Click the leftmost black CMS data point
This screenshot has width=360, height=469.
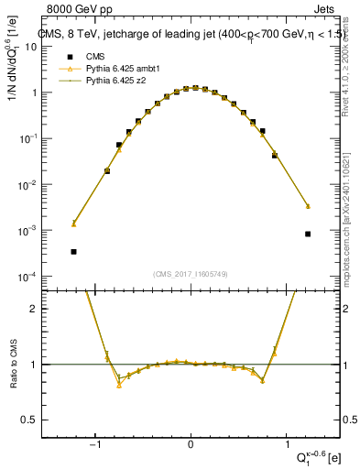[x=73, y=251]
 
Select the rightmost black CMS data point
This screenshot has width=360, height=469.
[x=308, y=234]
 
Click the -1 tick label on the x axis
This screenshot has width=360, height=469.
[x=94, y=445]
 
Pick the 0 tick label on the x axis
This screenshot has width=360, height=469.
[x=191, y=445]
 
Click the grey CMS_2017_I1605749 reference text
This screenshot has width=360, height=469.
[x=191, y=273]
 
